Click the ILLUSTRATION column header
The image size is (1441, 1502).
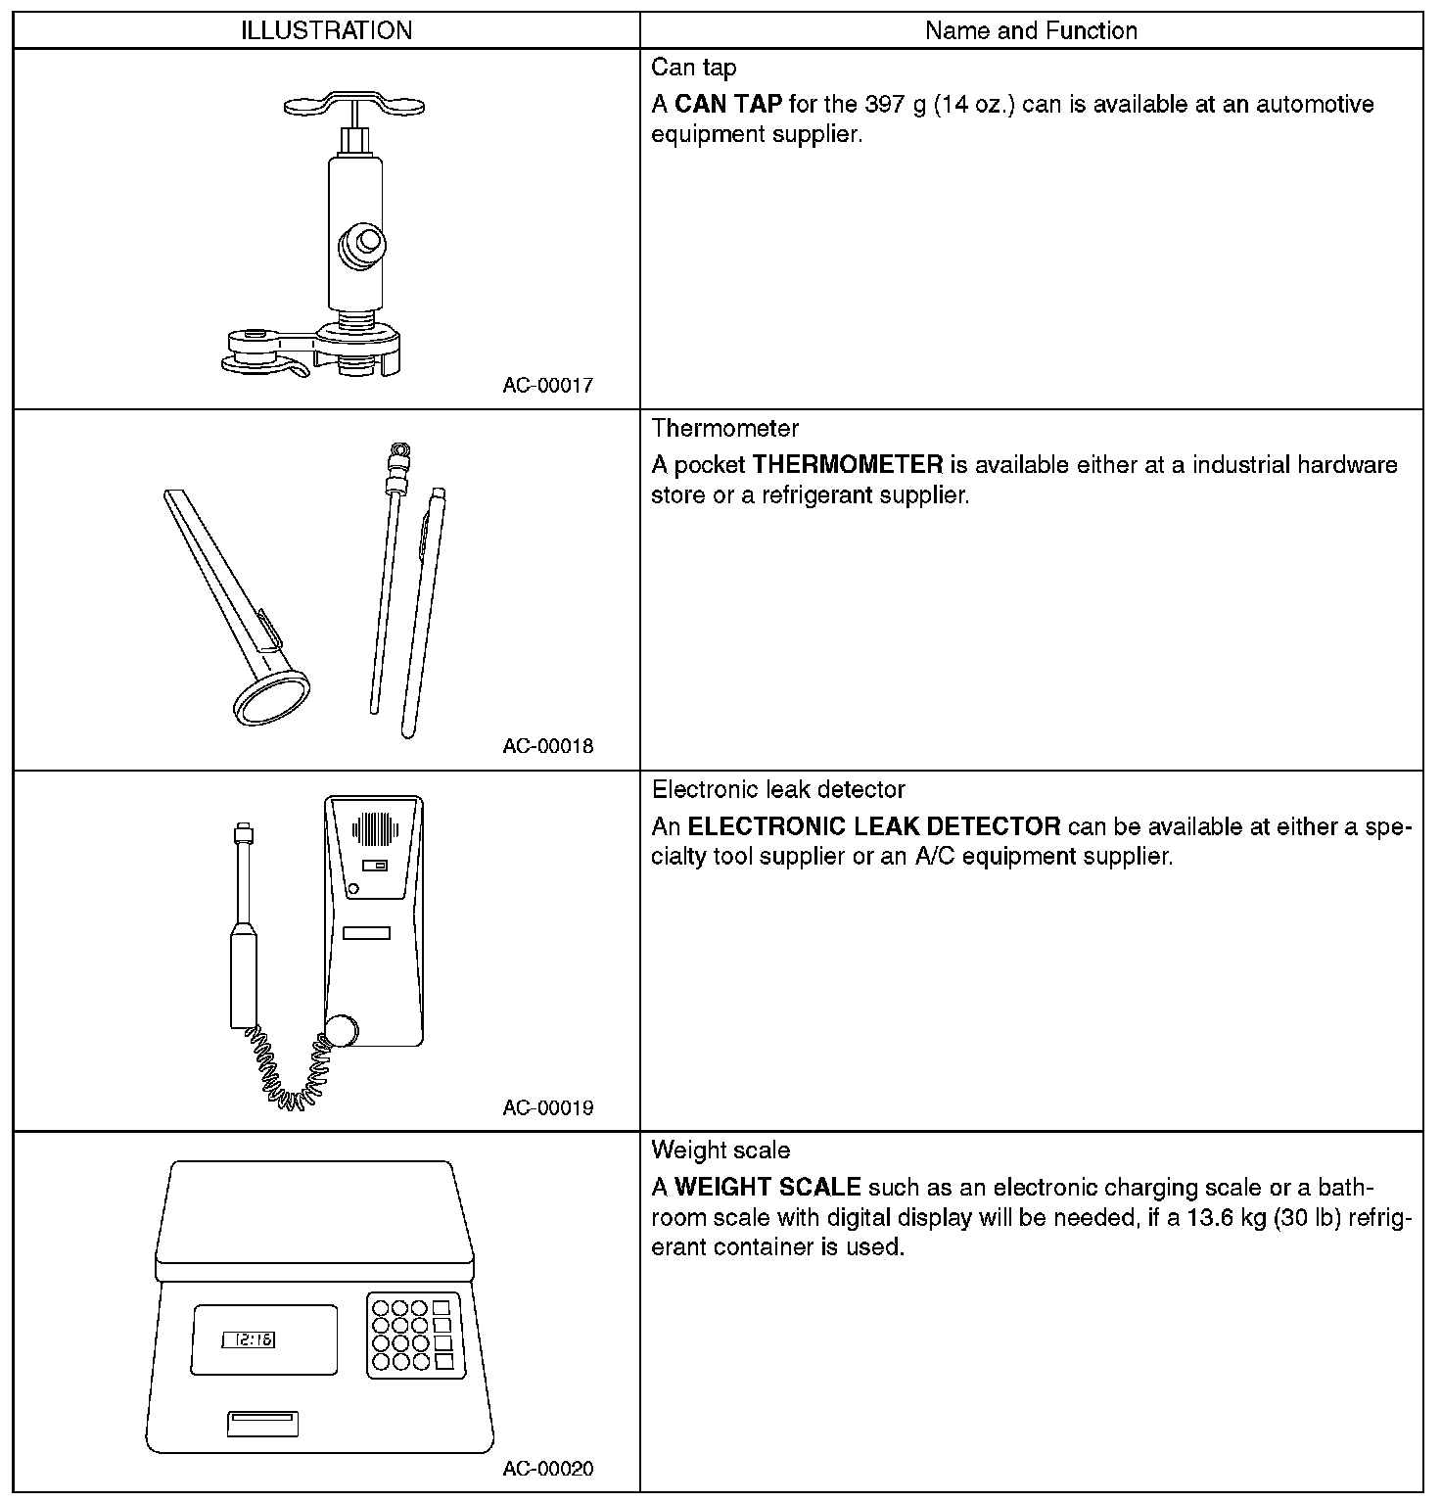pos(326,30)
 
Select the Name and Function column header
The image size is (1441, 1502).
pos(1031,30)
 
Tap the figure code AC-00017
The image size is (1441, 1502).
pos(547,385)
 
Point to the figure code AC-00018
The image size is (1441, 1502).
pos(547,746)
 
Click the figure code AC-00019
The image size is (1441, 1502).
pos(547,1107)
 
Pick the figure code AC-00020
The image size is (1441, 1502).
pos(547,1469)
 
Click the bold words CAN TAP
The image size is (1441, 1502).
pos(728,104)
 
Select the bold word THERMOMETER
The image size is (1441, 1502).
pos(847,464)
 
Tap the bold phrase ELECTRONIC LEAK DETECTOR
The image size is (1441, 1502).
pos(874,825)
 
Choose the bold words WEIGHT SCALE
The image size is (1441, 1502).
pos(767,1187)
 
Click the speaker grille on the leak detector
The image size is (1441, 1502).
pos(376,829)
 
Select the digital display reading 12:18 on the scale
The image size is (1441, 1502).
pos(249,1339)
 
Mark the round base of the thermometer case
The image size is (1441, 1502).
pos(271,697)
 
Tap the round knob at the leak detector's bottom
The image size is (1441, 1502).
pos(341,1032)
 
